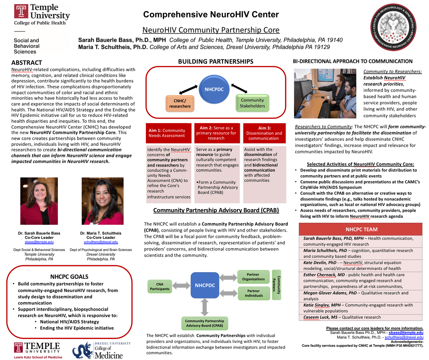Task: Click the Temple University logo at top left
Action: click(41, 15)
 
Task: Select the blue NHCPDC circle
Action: click(214, 89)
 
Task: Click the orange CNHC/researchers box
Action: click(180, 103)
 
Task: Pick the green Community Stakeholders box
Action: click(252, 103)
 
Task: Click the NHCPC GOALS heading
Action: click(69, 277)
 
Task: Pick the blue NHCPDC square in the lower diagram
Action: click(205, 285)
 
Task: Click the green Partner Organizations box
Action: click(253, 277)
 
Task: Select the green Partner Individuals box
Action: click(253, 293)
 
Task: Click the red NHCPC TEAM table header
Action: click(361, 229)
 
